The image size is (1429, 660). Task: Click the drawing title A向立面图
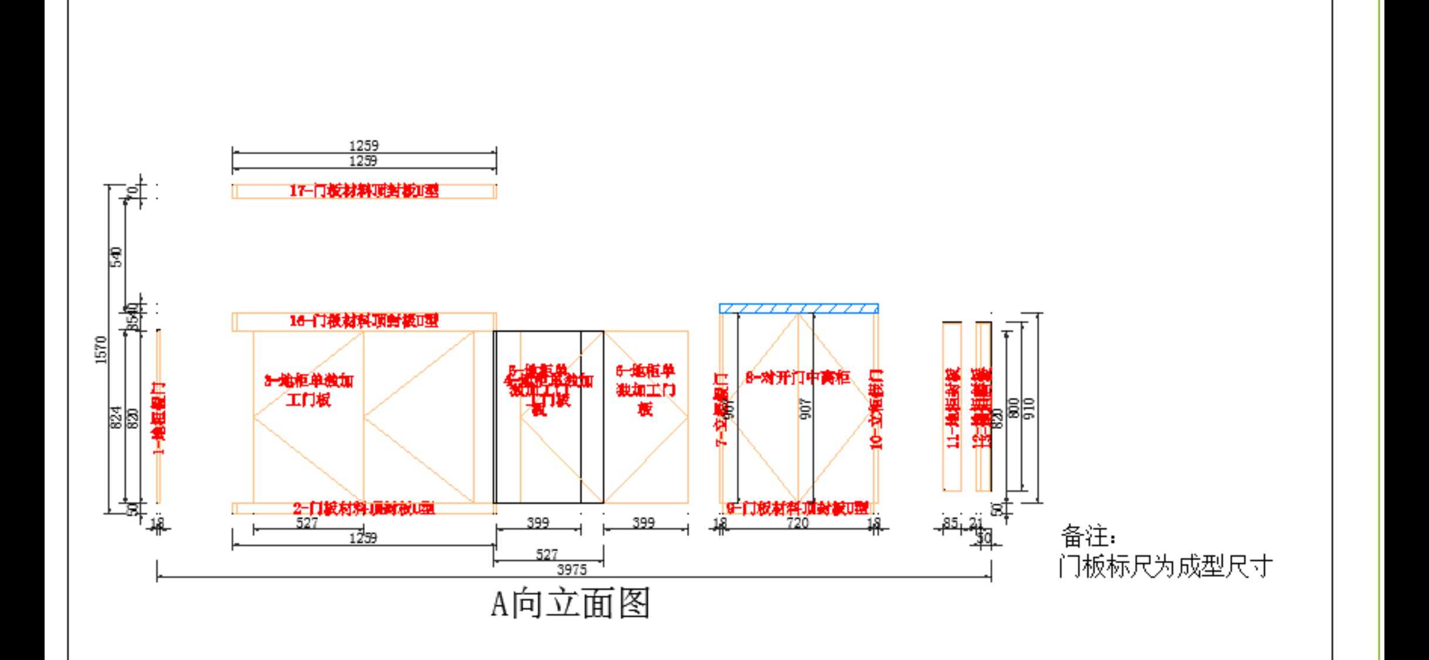tap(570, 604)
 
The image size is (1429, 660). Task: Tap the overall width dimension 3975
tap(571, 569)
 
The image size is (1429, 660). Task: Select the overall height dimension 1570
tap(101, 350)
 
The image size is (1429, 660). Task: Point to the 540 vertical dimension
tap(117, 257)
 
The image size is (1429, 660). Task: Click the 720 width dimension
tap(797, 523)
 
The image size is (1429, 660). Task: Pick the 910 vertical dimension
tap(1030, 408)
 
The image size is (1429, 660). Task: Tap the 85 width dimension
tap(950, 522)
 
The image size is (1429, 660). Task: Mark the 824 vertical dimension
tap(116, 417)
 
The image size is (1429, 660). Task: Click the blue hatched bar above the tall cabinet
tap(798, 309)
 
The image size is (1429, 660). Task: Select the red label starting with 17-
tap(364, 191)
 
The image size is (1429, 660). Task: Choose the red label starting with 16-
tap(364, 321)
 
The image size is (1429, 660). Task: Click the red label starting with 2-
tap(364, 508)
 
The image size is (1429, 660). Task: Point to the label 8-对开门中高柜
tap(797, 378)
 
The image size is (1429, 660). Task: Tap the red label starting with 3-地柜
tap(309, 390)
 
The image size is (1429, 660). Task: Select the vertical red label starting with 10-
tap(876, 409)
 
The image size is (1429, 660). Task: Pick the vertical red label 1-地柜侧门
tap(159, 418)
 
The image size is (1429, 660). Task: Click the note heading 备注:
tap(1089, 536)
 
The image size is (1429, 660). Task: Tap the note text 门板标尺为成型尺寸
tap(1166, 567)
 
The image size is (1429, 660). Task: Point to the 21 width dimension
tap(976, 522)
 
